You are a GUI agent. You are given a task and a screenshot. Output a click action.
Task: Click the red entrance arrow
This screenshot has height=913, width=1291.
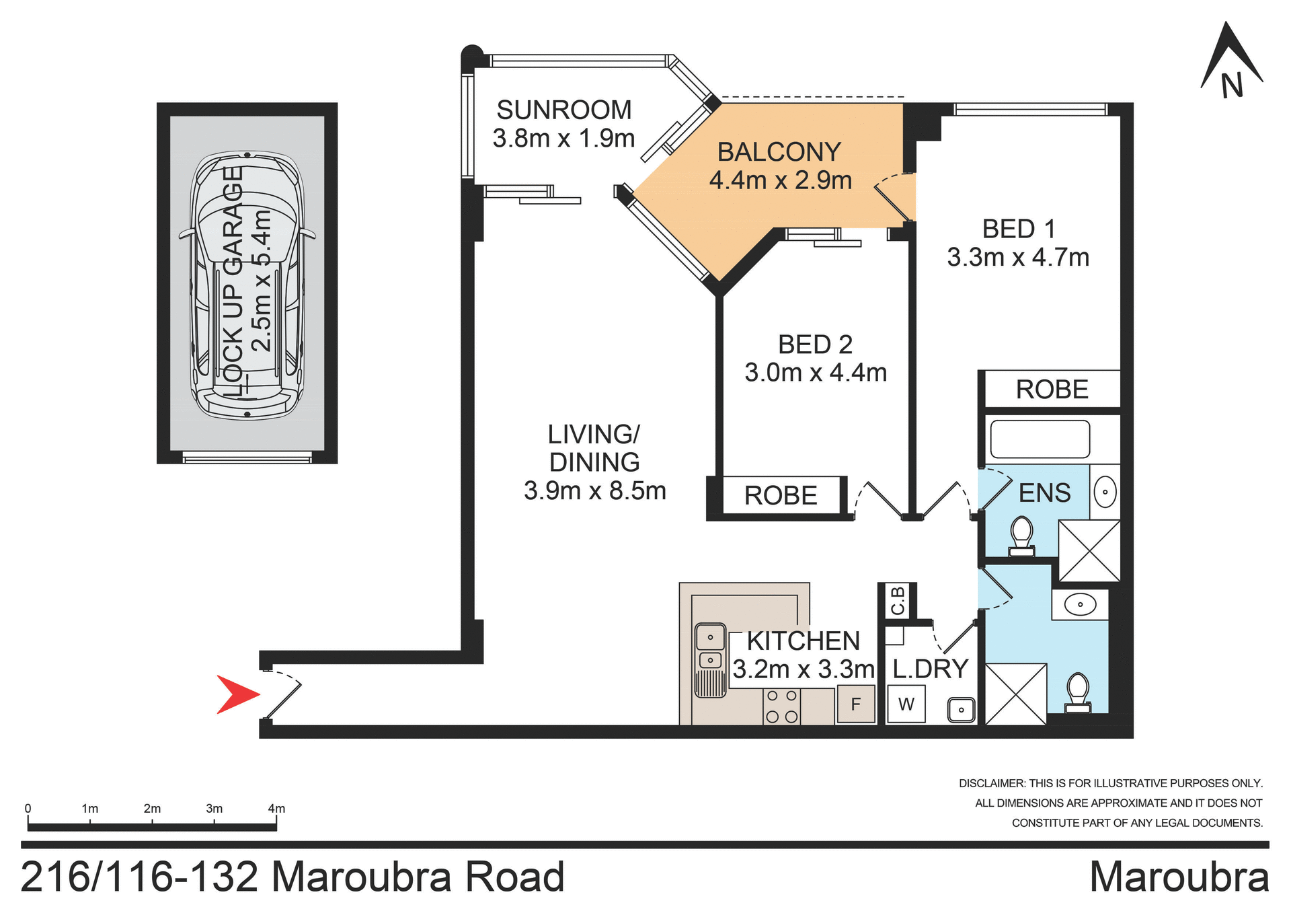point(237,694)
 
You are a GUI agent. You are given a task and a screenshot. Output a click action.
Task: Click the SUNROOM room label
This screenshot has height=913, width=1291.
point(563,110)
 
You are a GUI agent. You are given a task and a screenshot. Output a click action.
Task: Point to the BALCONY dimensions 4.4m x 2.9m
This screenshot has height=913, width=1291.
point(780,180)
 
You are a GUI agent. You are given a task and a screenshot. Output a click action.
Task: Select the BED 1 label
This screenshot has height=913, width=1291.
point(1018,229)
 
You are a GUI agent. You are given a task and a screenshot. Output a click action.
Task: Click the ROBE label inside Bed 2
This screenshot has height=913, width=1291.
point(780,496)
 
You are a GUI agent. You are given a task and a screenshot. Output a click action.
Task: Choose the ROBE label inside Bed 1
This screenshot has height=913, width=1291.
point(1052,390)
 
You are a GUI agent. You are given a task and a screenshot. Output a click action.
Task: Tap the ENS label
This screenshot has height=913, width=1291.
point(1044,493)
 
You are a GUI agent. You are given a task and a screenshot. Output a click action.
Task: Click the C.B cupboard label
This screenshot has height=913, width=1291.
point(898,600)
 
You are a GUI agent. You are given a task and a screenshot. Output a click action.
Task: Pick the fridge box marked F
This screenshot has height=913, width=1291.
point(855,704)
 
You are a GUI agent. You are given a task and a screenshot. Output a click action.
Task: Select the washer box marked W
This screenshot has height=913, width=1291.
point(906,704)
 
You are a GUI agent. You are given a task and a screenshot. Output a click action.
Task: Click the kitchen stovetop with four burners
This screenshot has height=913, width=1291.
point(782,706)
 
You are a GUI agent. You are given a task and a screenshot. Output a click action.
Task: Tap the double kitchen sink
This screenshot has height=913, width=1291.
point(710,649)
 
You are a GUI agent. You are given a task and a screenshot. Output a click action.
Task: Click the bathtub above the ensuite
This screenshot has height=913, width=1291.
point(1040,439)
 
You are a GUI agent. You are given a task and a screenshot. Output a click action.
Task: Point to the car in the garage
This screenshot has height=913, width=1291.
point(247,285)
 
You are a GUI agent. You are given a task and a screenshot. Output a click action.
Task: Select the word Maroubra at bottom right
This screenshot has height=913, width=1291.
point(1179,877)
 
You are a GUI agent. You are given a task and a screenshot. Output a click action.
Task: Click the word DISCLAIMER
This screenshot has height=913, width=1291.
point(991,783)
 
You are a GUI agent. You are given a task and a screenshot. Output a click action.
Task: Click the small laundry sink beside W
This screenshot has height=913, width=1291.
point(962,709)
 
